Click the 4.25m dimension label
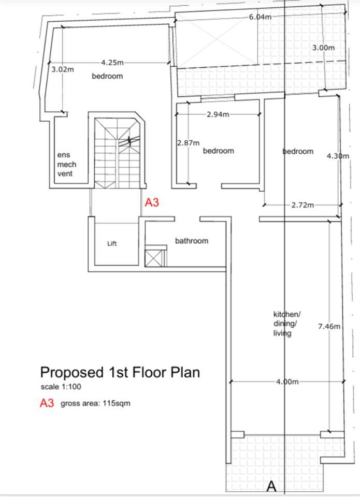click(x=112, y=63)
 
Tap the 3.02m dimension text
click(x=63, y=69)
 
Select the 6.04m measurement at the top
click(x=260, y=17)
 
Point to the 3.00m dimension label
click(x=324, y=48)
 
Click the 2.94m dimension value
click(x=218, y=114)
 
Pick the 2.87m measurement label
click(x=189, y=143)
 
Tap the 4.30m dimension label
click(x=338, y=156)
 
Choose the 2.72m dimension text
click(x=303, y=205)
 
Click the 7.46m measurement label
click(x=329, y=326)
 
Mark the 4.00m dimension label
click(x=287, y=382)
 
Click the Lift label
click(x=112, y=243)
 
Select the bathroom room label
click(x=192, y=241)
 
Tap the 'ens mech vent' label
click(x=67, y=164)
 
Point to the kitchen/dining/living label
click(x=287, y=324)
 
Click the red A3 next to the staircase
click(x=152, y=202)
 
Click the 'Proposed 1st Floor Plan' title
click(x=120, y=372)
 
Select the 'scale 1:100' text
click(x=61, y=387)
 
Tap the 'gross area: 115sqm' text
click(x=95, y=403)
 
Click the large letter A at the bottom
click(x=271, y=486)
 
